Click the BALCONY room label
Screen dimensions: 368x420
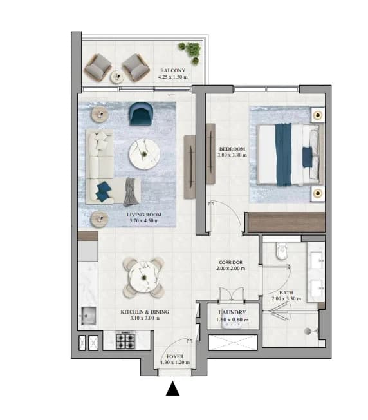click(x=172, y=70)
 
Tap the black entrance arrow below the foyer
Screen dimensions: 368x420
click(x=172, y=388)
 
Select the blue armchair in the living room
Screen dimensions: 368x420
click(x=141, y=114)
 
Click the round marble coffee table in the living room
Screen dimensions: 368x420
click(x=144, y=155)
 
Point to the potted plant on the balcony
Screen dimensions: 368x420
click(x=190, y=52)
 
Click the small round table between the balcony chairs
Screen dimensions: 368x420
click(x=117, y=77)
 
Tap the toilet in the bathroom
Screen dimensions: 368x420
click(x=281, y=251)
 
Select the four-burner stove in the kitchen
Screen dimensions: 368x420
click(x=125, y=341)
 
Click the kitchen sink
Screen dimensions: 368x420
click(x=88, y=316)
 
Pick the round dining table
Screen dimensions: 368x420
click(x=144, y=277)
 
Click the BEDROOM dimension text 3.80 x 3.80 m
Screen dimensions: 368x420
click(x=232, y=155)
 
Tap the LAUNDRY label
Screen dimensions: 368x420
click(x=232, y=312)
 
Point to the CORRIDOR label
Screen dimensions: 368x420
click(x=230, y=263)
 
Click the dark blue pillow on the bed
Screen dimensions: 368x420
click(x=308, y=157)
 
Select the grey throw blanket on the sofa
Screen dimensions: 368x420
click(x=132, y=192)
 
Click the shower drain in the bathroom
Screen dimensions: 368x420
click(x=308, y=331)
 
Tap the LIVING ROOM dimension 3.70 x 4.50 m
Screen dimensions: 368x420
click(x=144, y=221)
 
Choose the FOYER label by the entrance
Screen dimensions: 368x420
click(x=175, y=356)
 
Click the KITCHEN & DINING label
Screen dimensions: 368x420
click(x=145, y=312)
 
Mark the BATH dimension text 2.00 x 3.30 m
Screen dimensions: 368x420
click(x=286, y=298)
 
